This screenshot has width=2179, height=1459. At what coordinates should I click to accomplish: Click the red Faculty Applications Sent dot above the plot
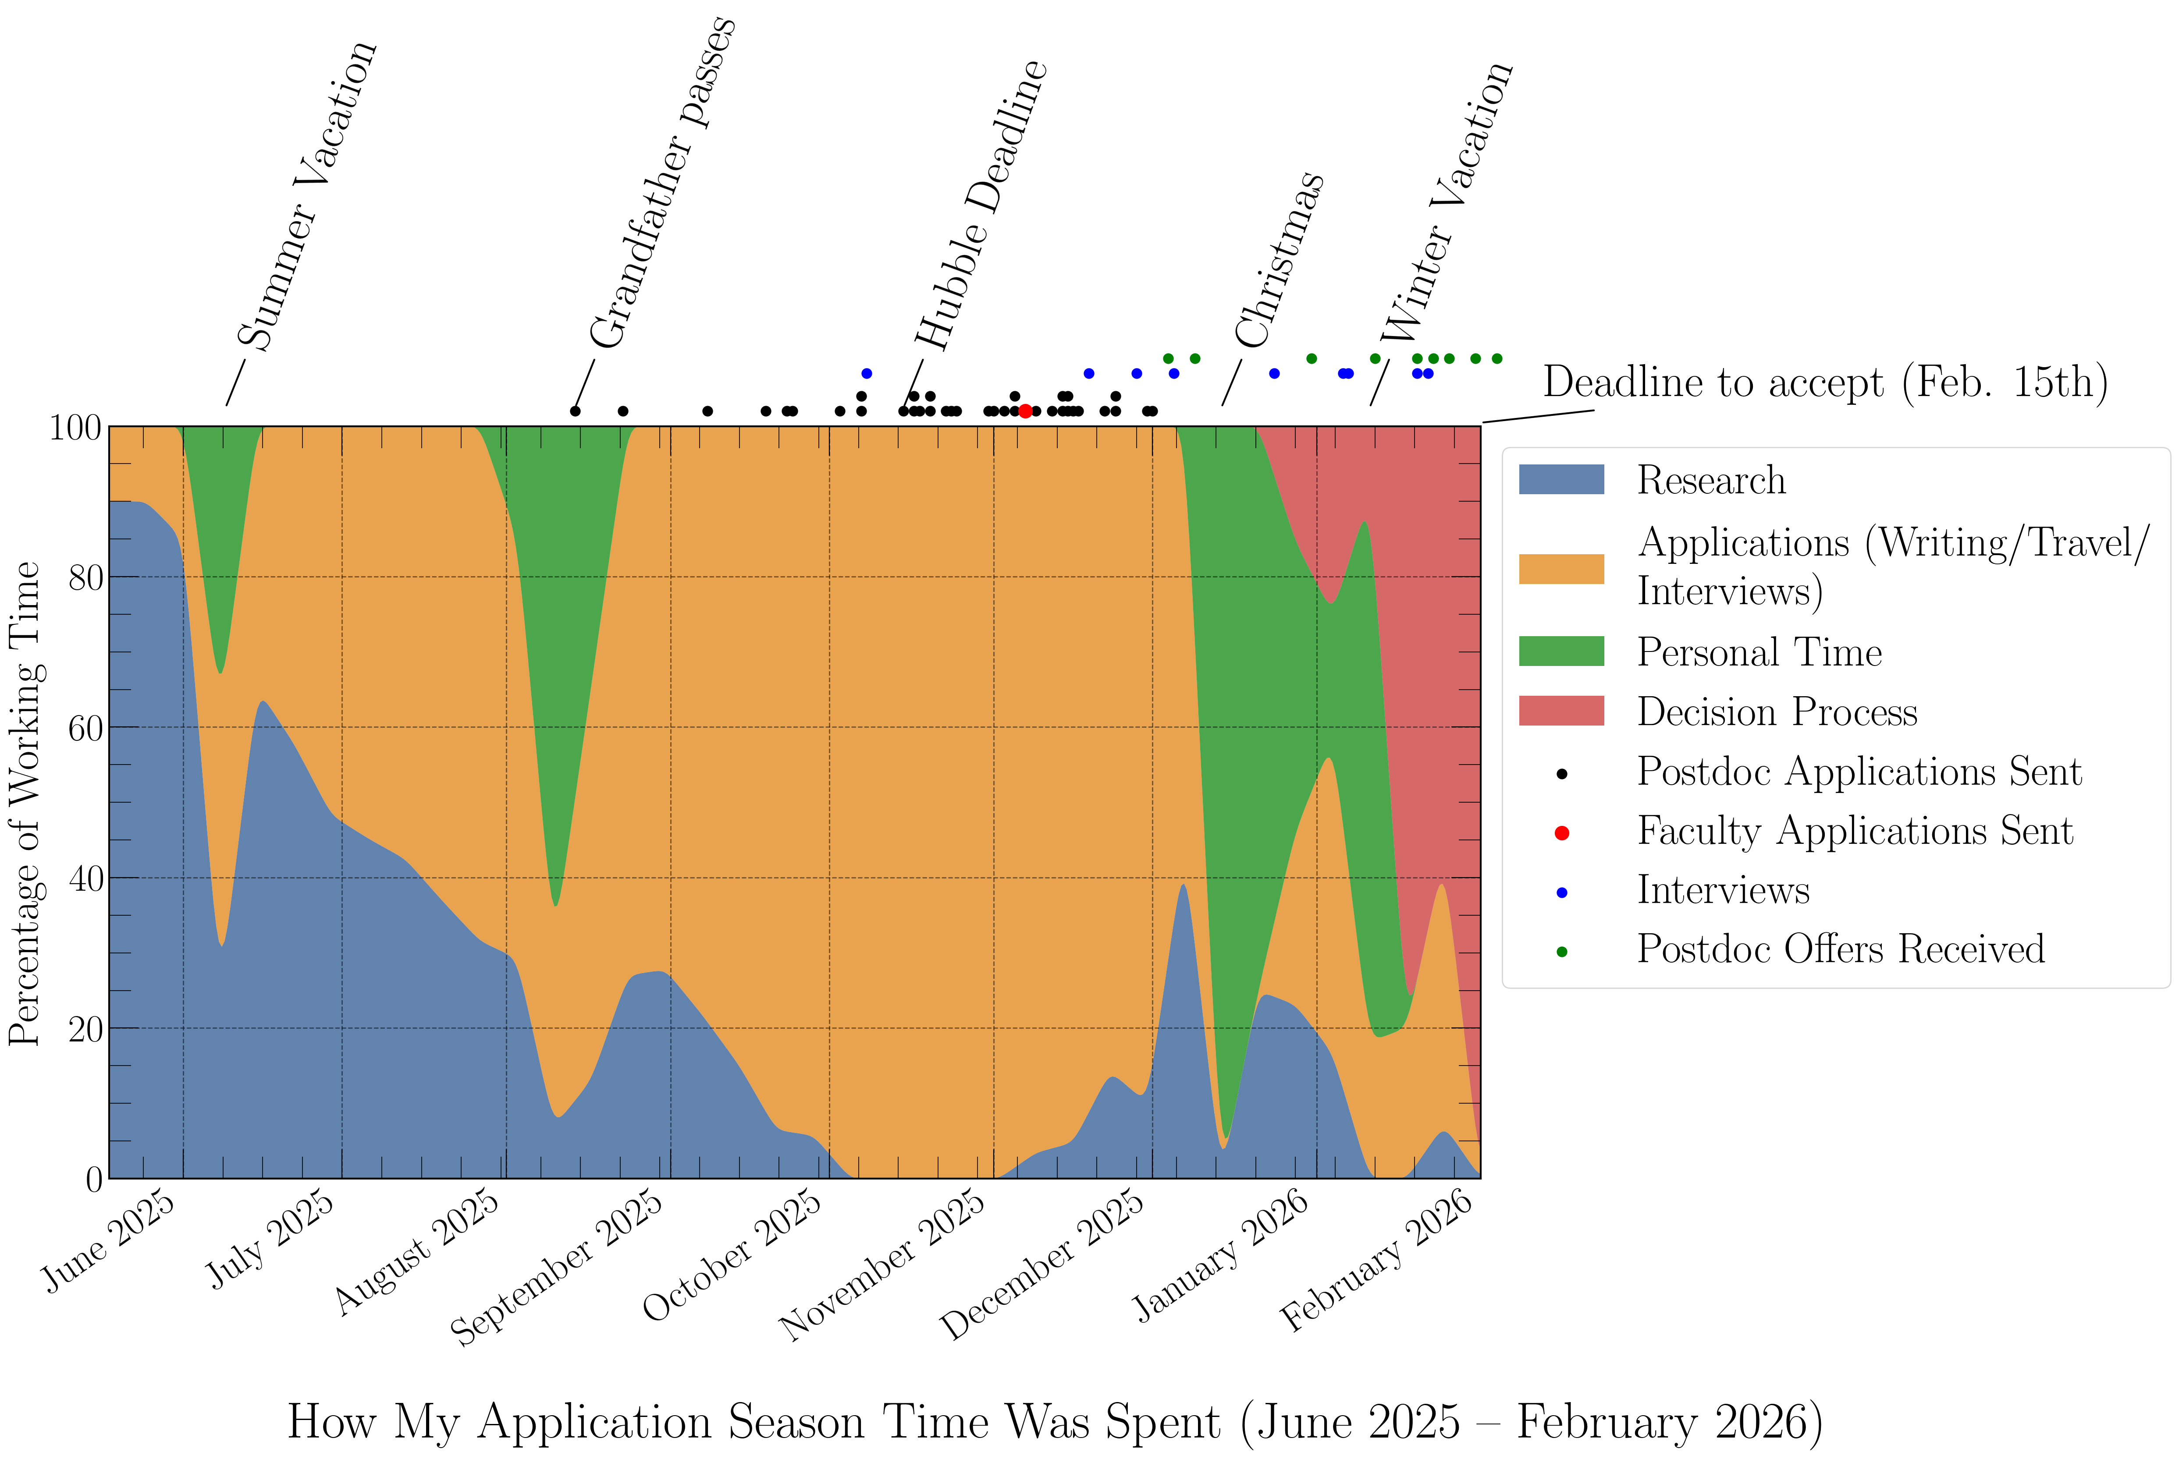click(x=1025, y=411)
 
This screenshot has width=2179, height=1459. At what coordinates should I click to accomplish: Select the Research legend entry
click(x=1711, y=480)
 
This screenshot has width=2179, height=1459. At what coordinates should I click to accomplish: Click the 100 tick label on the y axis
click(x=75, y=428)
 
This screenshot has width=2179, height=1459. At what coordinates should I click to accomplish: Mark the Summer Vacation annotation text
click(x=307, y=195)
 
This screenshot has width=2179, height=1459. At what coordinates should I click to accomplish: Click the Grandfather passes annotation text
click(x=663, y=181)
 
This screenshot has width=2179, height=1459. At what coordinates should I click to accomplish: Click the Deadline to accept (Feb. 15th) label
click(x=1824, y=382)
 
